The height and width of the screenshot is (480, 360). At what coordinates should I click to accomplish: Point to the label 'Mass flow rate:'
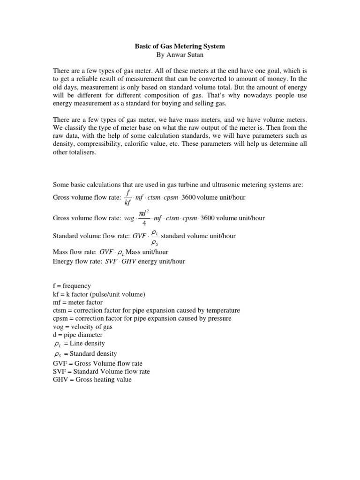[x=75, y=252]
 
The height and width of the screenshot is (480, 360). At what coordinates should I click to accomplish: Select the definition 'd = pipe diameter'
[x=77, y=335]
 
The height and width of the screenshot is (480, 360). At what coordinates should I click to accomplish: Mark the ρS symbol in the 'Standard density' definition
[x=59, y=354]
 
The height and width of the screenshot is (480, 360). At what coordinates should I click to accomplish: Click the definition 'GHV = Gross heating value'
[x=92, y=379]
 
